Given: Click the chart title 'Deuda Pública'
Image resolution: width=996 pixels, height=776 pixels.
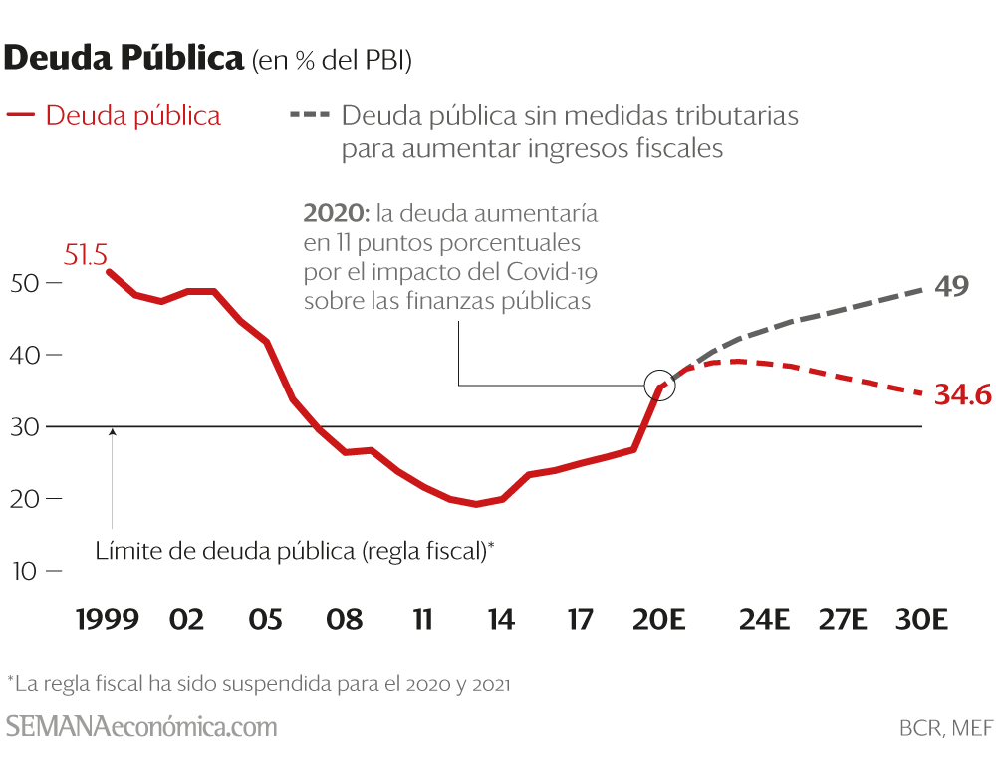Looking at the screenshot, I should [x=124, y=59].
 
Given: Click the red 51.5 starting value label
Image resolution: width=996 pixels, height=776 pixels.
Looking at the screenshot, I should [x=86, y=255].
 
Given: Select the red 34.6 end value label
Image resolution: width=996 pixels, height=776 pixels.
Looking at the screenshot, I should [x=963, y=395].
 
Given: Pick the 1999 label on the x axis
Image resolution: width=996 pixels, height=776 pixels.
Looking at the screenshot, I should [x=108, y=620].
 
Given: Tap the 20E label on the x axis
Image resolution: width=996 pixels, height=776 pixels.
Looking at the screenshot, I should [x=659, y=620].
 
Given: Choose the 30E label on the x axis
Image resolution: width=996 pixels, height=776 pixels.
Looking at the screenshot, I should [x=922, y=620].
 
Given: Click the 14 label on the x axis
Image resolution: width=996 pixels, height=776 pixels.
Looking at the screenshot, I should [x=501, y=620].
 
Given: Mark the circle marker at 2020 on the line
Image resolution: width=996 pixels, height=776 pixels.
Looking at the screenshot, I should [x=659, y=385].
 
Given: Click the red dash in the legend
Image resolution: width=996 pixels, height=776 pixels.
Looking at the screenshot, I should [x=21, y=115].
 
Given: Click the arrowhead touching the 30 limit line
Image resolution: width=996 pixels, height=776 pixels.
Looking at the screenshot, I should [x=113, y=432].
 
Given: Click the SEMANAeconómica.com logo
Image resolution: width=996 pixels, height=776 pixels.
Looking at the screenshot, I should [x=141, y=726].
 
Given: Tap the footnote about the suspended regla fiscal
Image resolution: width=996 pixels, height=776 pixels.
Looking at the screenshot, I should [x=259, y=684].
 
